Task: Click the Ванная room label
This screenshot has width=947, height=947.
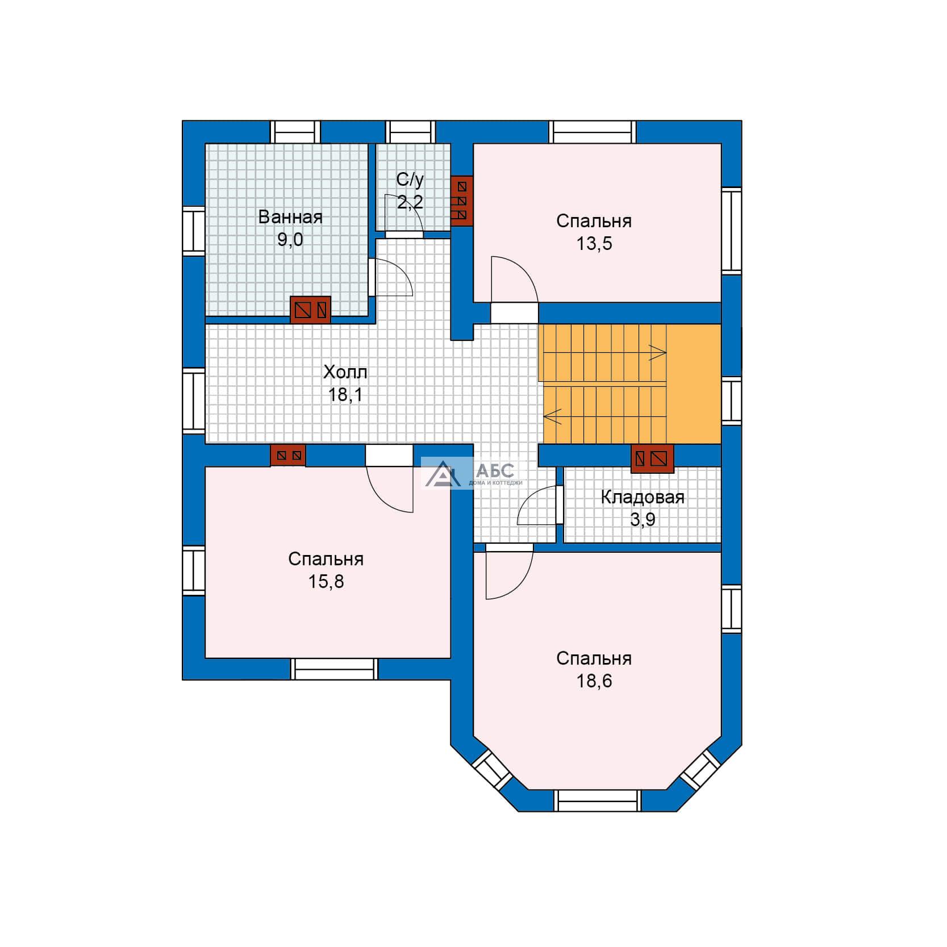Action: pos(290,217)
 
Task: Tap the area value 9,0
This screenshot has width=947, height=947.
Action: pos(290,240)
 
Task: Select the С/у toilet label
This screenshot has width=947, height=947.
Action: pos(410,180)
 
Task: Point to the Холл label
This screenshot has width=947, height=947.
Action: pos(345,372)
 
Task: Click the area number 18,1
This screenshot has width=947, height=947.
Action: pos(345,395)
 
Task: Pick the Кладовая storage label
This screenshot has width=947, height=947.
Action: pos(643,498)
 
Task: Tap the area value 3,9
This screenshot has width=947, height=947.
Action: pos(643,520)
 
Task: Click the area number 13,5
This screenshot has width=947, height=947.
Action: pos(594,244)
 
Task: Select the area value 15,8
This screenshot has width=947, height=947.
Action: pos(326,582)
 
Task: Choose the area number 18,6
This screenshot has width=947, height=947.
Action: pos(594,681)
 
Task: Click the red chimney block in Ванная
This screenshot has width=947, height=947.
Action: pos(310,310)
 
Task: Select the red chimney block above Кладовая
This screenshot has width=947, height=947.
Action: pos(653,458)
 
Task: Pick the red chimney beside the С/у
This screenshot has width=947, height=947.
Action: pos(462,201)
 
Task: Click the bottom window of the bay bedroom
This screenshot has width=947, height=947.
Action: pos(598,800)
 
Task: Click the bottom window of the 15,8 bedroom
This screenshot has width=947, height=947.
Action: pos(335,669)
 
